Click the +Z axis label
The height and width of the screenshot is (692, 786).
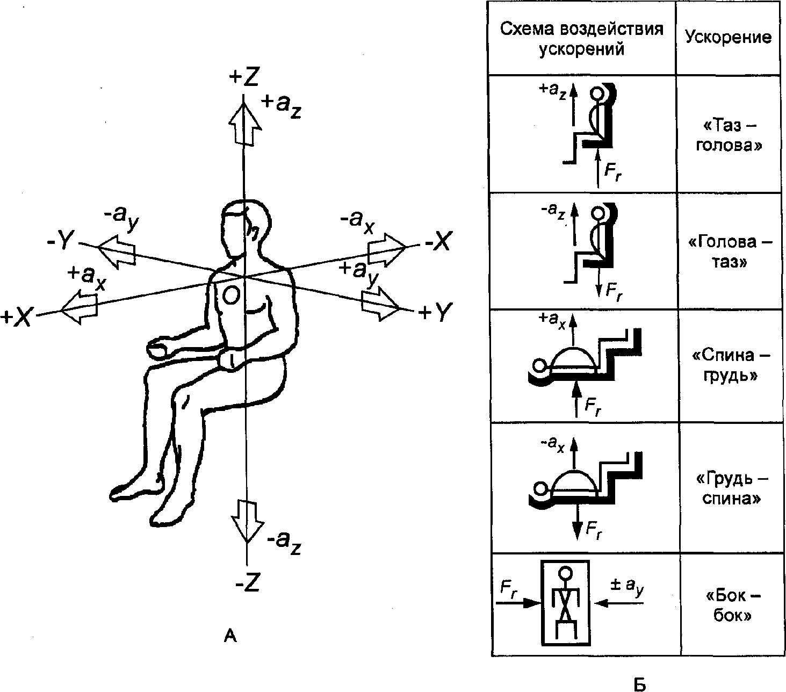(x=243, y=77)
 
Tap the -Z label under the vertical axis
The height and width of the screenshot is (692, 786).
(x=248, y=582)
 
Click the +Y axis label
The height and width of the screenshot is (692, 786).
(x=435, y=312)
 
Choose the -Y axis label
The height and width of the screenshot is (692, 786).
(x=61, y=241)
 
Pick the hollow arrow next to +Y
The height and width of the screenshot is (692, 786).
(x=380, y=304)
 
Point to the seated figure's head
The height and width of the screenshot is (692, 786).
(x=245, y=228)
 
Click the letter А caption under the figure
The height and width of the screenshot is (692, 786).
(x=230, y=636)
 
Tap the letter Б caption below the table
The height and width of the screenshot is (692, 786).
(x=640, y=684)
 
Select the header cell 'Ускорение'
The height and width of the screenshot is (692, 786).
(x=728, y=37)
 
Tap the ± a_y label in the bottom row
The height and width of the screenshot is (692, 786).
(x=626, y=587)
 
